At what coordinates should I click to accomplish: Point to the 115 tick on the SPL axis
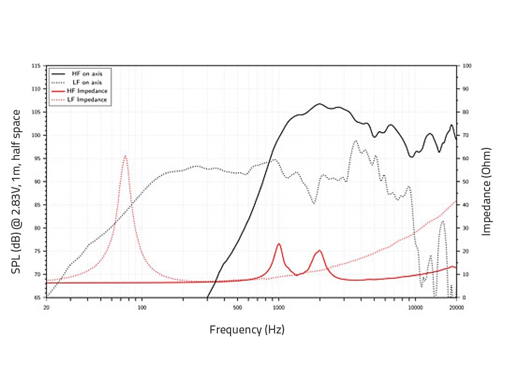(36, 66)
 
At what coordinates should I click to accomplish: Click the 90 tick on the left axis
(37, 181)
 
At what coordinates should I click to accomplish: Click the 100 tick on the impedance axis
(467, 66)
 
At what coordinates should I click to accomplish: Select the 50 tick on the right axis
(466, 181)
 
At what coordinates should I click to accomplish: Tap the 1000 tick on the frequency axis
(279, 307)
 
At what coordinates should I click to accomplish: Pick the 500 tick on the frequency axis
(237, 307)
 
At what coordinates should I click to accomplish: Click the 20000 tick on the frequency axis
(456, 307)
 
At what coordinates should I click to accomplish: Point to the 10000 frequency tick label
(415, 307)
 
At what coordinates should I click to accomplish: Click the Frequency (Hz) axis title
(247, 329)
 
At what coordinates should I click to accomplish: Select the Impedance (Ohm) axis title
(487, 192)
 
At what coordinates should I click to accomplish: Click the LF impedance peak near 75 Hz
(124, 156)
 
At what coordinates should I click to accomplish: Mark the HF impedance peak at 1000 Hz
(279, 244)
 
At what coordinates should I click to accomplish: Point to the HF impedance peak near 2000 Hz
(319, 250)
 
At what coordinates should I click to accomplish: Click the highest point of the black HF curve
(319, 104)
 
